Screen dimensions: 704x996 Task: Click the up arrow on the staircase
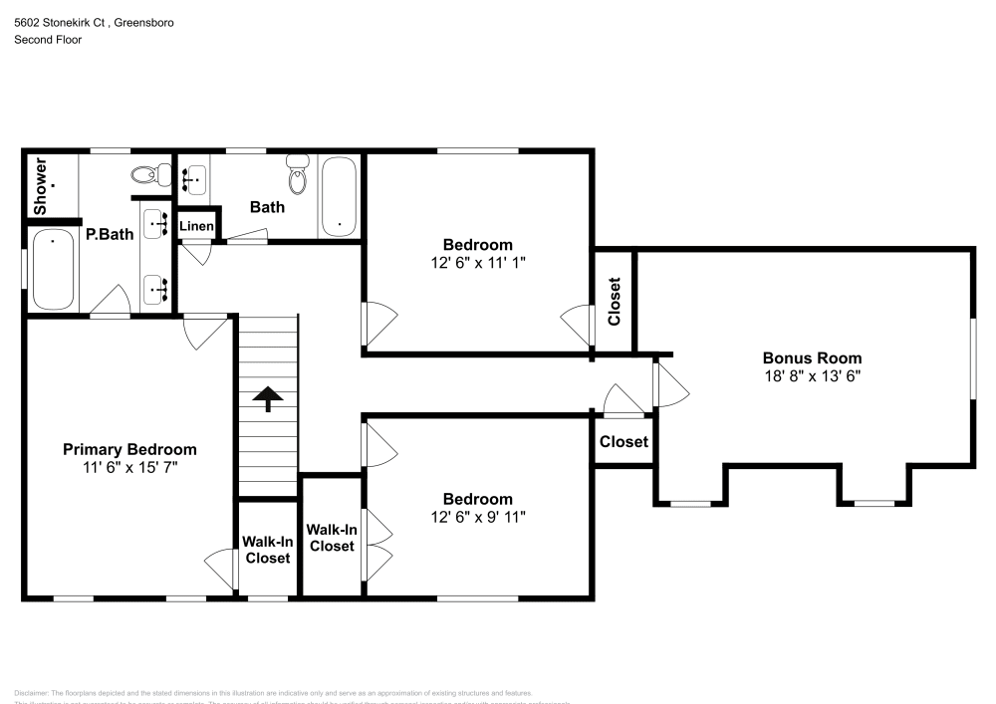pos(267,399)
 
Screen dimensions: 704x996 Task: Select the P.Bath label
pos(110,235)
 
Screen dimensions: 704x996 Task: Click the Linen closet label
pos(196,227)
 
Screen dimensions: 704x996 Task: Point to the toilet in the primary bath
pos(146,174)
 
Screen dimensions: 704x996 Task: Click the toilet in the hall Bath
pos(298,176)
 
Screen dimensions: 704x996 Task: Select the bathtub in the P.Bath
pos(52,269)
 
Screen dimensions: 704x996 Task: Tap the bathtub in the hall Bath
pos(340,197)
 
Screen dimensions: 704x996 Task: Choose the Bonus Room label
pos(812,358)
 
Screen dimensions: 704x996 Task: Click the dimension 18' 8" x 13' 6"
pos(812,376)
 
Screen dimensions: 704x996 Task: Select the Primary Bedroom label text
pos(129,449)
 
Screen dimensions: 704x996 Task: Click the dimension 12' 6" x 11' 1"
pos(478,262)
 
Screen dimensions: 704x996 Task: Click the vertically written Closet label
pos(615,301)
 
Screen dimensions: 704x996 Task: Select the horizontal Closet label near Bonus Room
pos(623,441)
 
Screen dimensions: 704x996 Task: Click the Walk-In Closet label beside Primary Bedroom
pos(267,550)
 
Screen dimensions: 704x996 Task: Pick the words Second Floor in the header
pos(48,40)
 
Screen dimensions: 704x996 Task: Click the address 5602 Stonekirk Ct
pos(60,22)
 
